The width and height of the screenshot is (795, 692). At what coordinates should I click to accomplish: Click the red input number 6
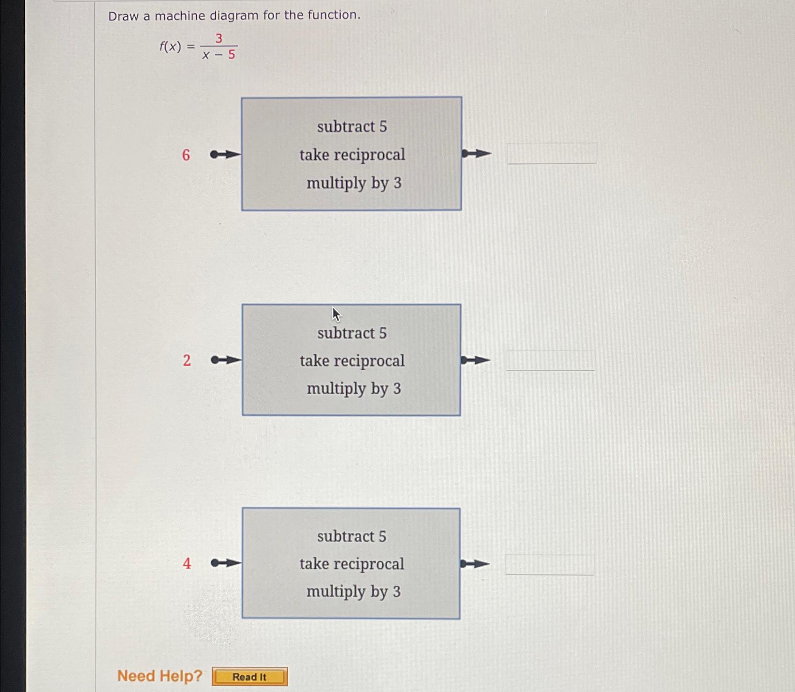click(186, 155)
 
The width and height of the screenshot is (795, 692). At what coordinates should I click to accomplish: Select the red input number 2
click(187, 361)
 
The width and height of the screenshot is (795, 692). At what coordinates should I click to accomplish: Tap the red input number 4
click(187, 563)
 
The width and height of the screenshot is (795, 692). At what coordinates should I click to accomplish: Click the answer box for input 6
click(552, 154)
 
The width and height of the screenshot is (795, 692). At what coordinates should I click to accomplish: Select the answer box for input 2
click(550, 361)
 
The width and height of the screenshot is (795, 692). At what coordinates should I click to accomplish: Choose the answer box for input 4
click(549, 565)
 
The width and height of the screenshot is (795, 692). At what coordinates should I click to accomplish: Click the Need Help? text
click(160, 676)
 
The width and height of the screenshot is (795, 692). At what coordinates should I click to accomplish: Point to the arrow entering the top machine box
click(225, 155)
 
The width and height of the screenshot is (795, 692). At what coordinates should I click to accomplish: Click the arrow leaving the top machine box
click(476, 154)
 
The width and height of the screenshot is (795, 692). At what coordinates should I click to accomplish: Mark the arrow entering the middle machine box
click(226, 360)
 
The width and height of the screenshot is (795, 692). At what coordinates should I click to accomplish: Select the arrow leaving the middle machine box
click(475, 360)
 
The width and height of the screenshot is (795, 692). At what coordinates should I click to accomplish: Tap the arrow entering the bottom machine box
click(226, 563)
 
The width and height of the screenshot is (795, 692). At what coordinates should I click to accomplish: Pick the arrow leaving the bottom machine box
click(475, 564)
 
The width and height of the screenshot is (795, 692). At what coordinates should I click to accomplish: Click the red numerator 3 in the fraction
click(219, 38)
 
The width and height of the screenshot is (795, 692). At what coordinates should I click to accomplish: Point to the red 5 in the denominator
click(232, 55)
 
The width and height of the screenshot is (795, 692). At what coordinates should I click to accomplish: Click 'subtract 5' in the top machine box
click(352, 126)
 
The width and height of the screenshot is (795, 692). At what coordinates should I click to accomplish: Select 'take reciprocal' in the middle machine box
click(352, 361)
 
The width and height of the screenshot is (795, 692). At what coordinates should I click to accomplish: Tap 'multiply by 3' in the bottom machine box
click(353, 591)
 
